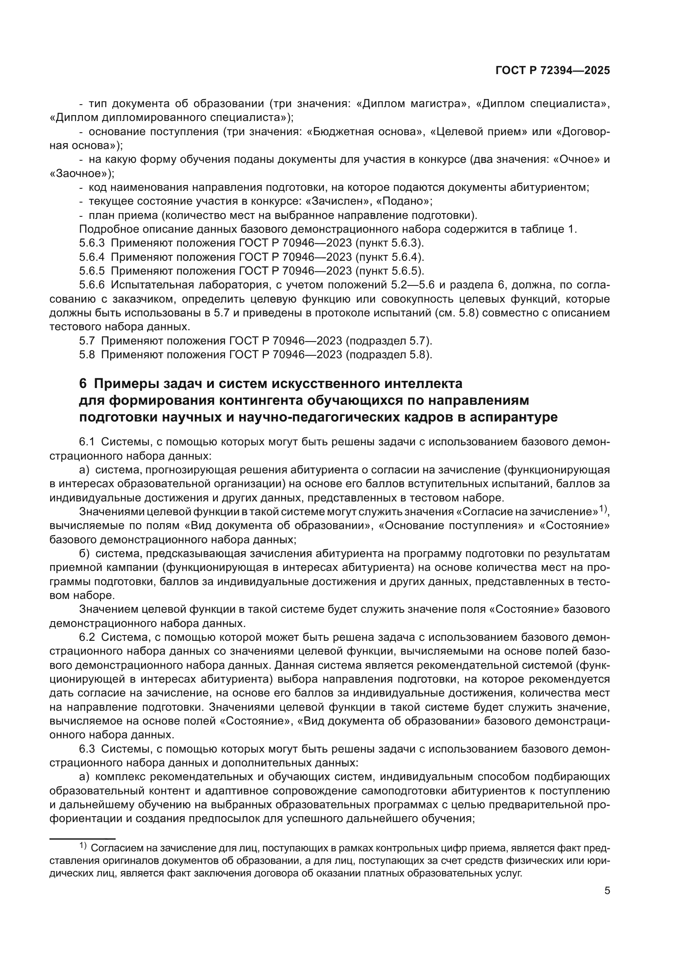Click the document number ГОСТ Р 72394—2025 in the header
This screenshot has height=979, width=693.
click(x=553, y=71)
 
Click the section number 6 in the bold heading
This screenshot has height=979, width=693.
click(x=83, y=384)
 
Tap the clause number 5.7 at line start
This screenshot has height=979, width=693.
click(x=87, y=341)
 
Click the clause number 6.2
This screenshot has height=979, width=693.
click(x=87, y=637)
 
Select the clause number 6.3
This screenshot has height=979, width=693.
click(x=87, y=749)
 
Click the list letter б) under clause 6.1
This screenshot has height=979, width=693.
click(x=85, y=553)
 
